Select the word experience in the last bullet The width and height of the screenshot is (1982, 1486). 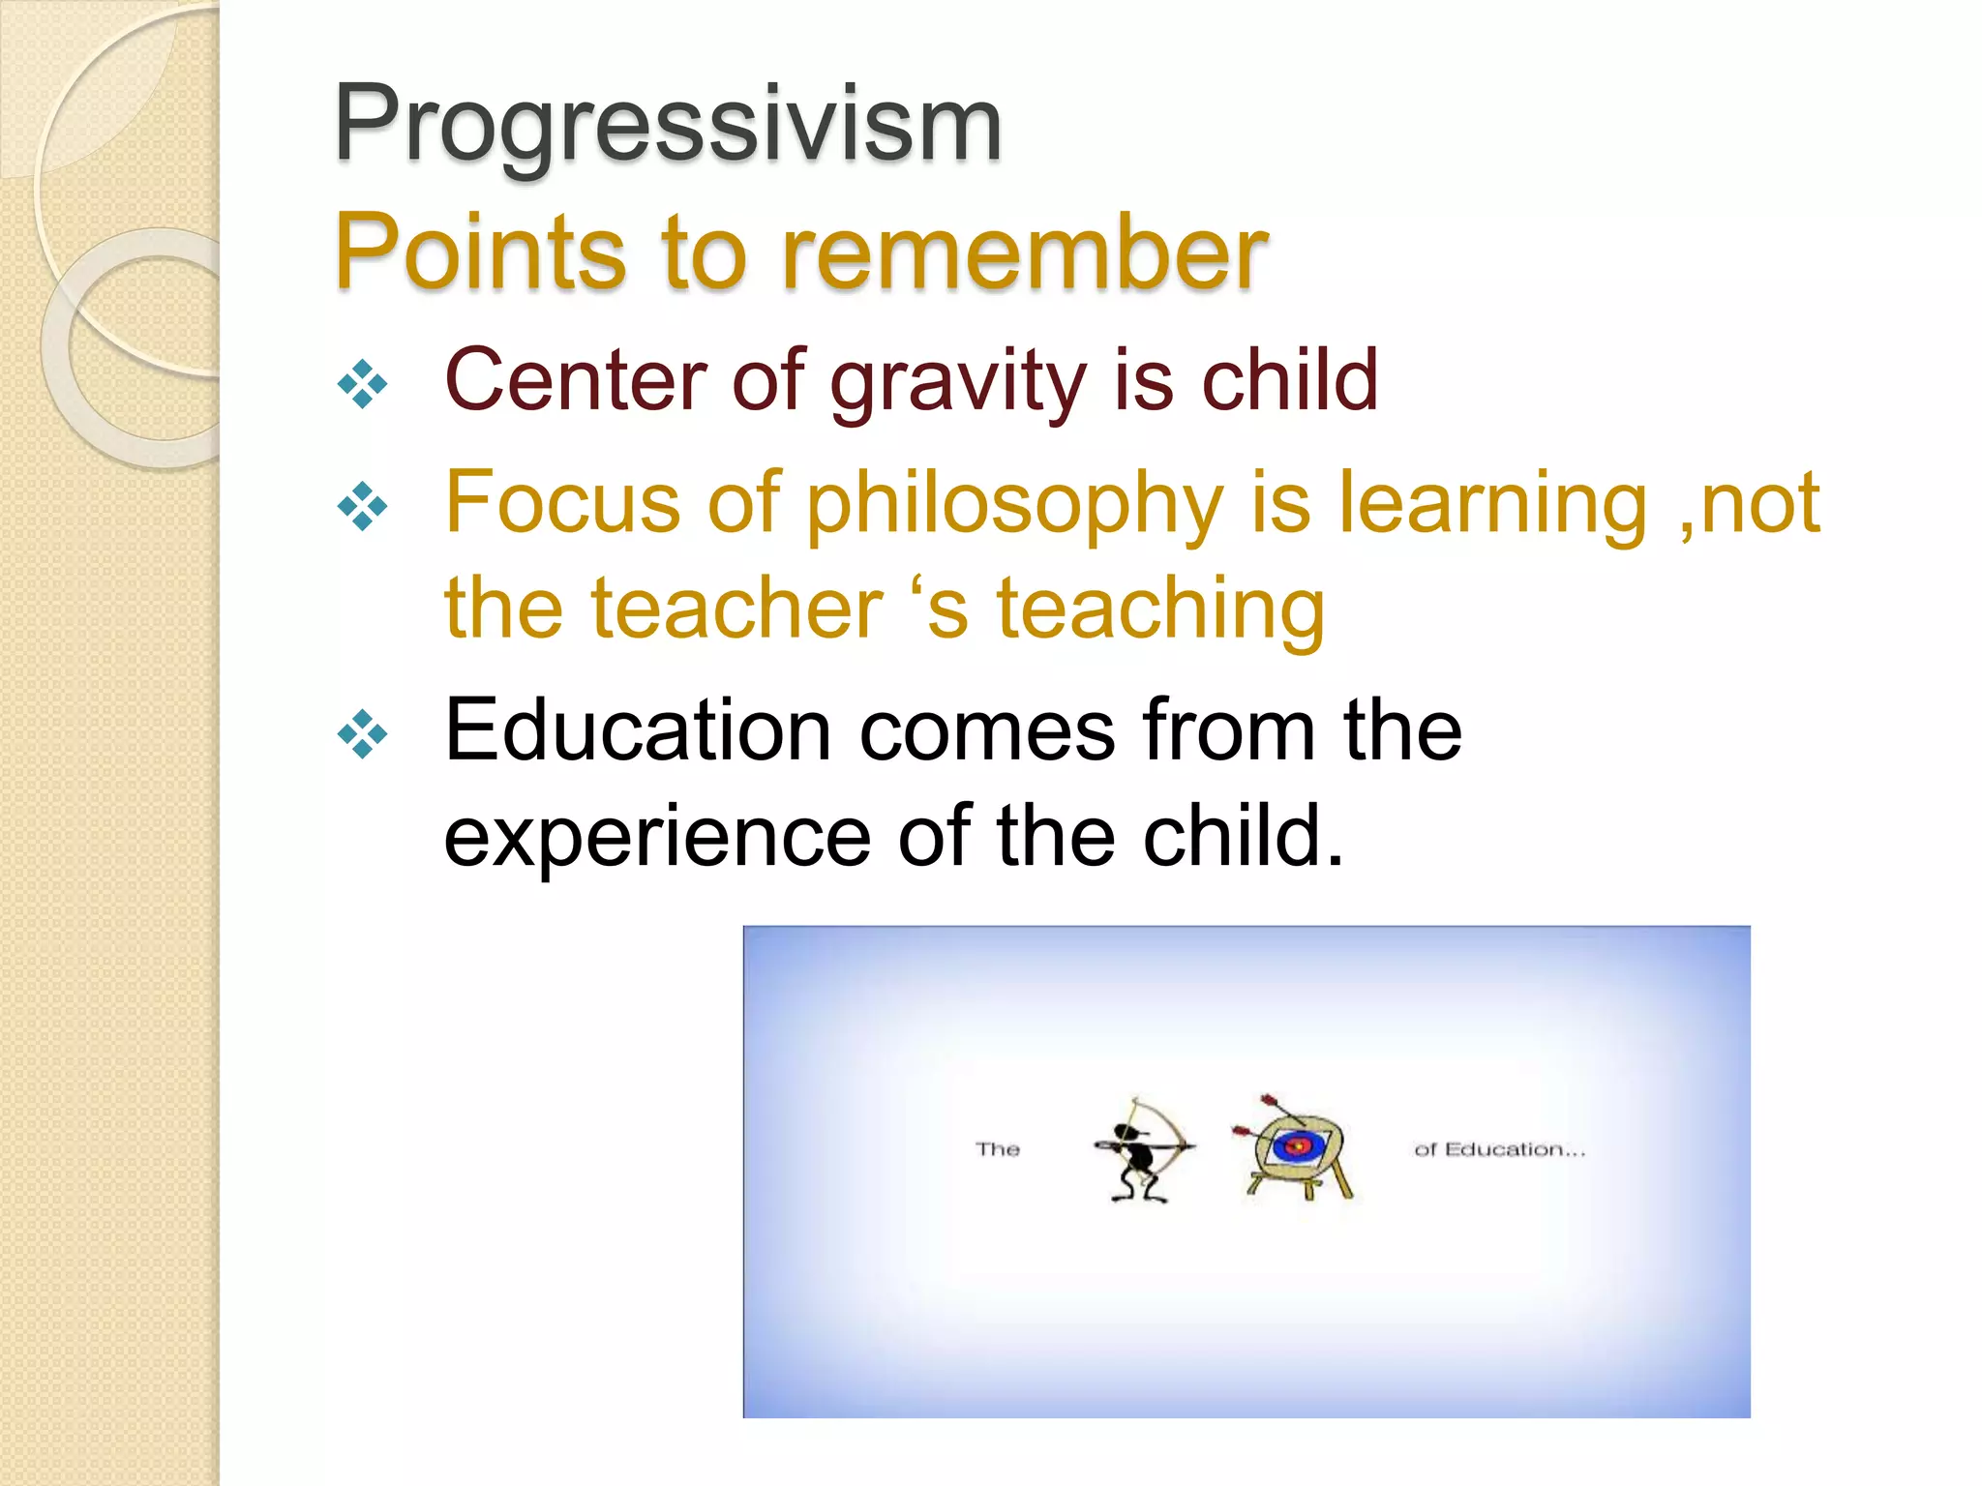click(657, 838)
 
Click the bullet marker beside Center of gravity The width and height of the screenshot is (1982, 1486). click(363, 384)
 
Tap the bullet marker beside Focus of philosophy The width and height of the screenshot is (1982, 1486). click(363, 506)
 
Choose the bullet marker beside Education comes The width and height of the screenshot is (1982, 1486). click(363, 734)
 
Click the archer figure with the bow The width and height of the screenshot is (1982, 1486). click(1142, 1151)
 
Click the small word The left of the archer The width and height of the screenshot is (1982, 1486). click(997, 1149)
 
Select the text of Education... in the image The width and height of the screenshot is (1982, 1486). click(1499, 1149)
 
